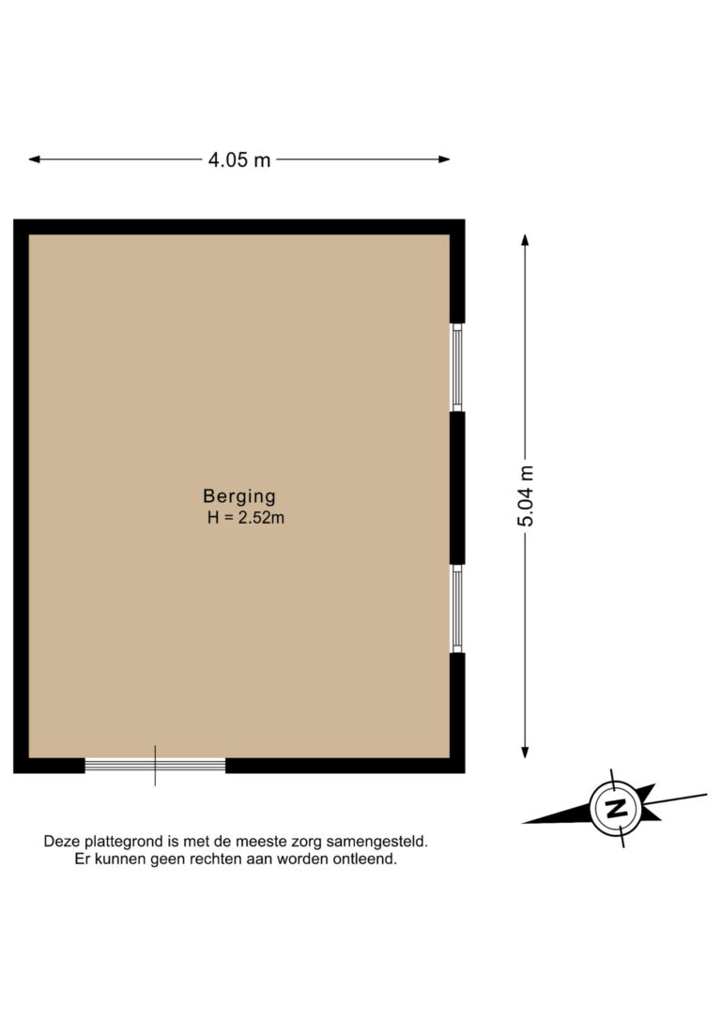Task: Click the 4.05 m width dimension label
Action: pyautogui.click(x=238, y=160)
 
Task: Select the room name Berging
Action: pyautogui.click(x=239, y=496)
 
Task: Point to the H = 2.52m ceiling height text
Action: pyautogui.click(x=245, y=517)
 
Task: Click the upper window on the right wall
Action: pyautogui.click(x=457, y=367)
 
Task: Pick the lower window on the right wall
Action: pyautogui.click(x=457, y=609)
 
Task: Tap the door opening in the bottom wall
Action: pyautogui.click(x=155, y=766)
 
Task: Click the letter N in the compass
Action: pyautogui.click(x=617, y=808)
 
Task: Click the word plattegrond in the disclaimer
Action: pyautogui.click(x=120, y=843)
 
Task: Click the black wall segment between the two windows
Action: pyautogui.click(x=457, y=488)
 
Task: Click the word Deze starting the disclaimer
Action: pyautogui.click(x=61, y=843)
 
